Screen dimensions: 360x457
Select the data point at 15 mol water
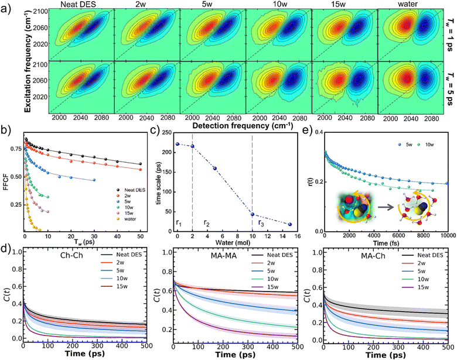coord(290,224)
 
